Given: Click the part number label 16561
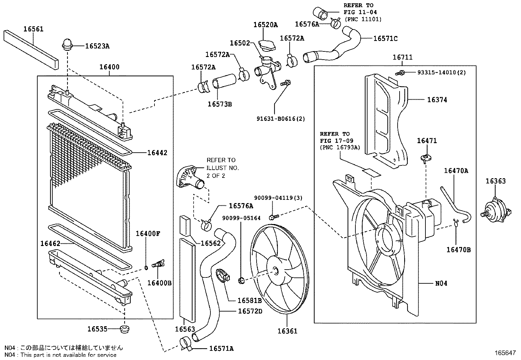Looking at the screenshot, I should click(33, 29).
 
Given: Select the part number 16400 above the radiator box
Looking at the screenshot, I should click(109, 67).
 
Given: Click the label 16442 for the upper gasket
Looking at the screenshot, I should click(157, 153).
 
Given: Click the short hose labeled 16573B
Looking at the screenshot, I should click(225, 82).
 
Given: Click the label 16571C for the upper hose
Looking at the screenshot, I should click(386, 39).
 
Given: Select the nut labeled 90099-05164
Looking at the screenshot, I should click(242, 280).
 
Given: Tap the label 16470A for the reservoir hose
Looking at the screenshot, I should click(456, 171).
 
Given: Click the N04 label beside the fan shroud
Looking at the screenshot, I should click(441, 283).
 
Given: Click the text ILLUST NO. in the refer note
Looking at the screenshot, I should click(223, 168).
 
